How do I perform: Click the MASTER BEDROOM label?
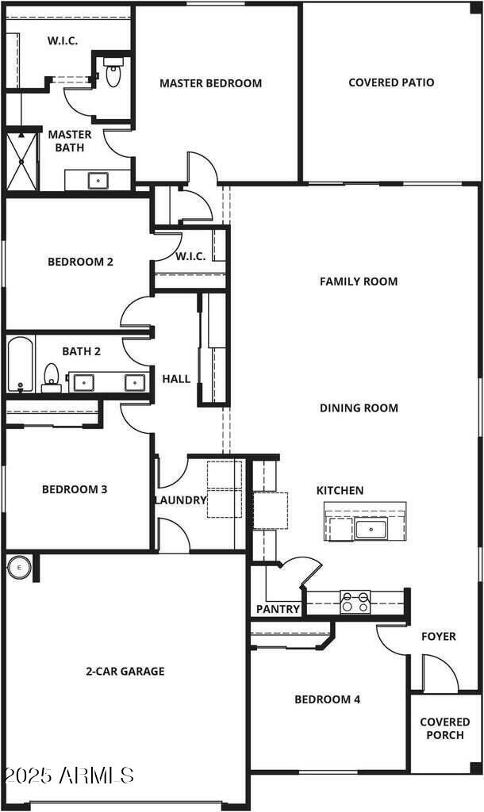point(210,83)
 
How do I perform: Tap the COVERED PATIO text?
point(391,82)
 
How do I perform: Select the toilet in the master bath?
point(113,74)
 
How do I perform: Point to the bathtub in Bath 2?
point(21,364)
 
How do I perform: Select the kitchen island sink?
point(371,528)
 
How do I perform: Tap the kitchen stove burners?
point(355,602)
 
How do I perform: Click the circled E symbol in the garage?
point(19,567)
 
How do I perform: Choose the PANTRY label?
point(278,609)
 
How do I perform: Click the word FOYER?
point(438,636)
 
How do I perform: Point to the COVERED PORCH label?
point(444,729)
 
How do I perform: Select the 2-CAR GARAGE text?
point(125,671)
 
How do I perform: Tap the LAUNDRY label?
point(180,500)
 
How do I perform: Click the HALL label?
point(176,379)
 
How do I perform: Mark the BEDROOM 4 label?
point(327,699)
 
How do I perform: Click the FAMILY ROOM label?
point(359,282)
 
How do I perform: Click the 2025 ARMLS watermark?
point(68,775)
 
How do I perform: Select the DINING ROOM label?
point(359,408)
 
